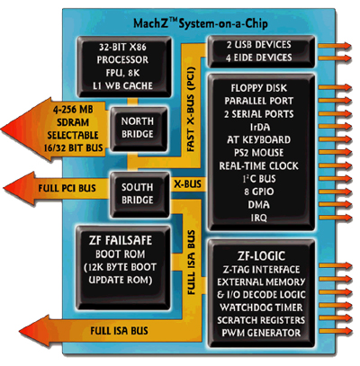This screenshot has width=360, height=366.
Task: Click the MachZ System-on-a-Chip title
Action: point(201,23)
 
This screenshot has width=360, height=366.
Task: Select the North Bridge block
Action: point(139,129)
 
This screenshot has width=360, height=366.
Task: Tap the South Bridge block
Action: point(139,194)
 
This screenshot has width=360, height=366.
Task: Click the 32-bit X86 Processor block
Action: point(124,67)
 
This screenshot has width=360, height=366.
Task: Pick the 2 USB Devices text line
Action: point(259,45)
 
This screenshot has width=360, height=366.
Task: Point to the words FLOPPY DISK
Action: point(259,88)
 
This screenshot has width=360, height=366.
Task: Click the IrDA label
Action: point(260,127)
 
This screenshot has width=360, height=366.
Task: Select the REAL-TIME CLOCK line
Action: point(258,165)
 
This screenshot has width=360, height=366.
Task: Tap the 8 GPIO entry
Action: point(259,192)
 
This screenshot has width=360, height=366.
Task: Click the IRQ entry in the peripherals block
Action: point(258,218)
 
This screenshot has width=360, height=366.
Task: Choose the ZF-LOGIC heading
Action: point(261,255)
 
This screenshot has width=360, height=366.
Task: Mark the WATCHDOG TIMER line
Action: point(261,308)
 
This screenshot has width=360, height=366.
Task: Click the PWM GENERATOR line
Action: point(261,333)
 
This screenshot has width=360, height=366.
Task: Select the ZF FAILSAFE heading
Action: point(121,240)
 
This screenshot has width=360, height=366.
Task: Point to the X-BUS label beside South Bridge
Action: point(188,184)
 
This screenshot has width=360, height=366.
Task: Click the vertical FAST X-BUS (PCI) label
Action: point(191,110)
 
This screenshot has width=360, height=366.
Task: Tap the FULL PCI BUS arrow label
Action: point(67,188)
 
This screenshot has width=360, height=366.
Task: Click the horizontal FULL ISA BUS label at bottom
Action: point(119,331)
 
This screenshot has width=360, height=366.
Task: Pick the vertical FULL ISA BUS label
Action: point(191,263)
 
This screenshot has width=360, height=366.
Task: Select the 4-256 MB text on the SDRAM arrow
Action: point(73,110)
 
